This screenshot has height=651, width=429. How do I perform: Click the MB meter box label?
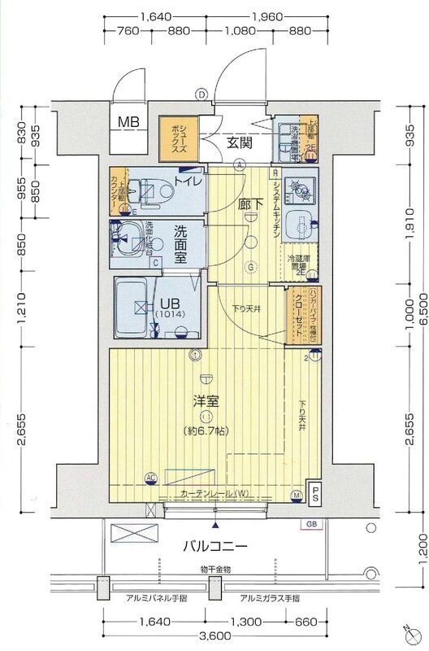[x=129, y=123]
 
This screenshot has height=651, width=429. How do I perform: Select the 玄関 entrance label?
[x=239, y=142]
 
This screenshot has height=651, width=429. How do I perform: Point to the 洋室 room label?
[x=205, y=401]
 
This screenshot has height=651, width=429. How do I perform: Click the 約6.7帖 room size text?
[x=206, y=431]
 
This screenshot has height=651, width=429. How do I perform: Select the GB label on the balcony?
[x=311, y=525]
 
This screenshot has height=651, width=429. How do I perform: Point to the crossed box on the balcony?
[x=136, y=534]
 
